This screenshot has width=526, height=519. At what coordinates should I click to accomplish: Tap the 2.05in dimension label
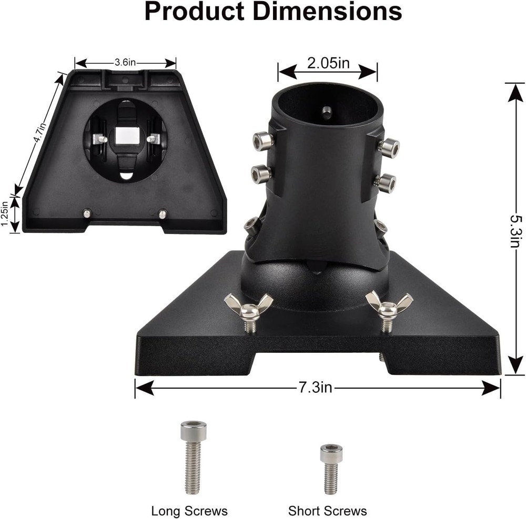click(328, 63)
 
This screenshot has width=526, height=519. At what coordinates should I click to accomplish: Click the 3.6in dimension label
click(125, 63)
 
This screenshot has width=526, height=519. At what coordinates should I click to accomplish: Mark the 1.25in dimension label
click(5, 214)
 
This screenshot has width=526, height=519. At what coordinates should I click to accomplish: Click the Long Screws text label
click(189, 511)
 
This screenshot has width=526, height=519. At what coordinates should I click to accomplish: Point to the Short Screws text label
click(327, 511)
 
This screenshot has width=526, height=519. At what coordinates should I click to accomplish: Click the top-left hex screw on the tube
click(262, 140)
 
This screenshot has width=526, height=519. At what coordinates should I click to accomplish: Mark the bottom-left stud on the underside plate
click(87, 213)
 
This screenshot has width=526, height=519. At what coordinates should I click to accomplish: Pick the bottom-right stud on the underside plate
click(163, 214)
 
